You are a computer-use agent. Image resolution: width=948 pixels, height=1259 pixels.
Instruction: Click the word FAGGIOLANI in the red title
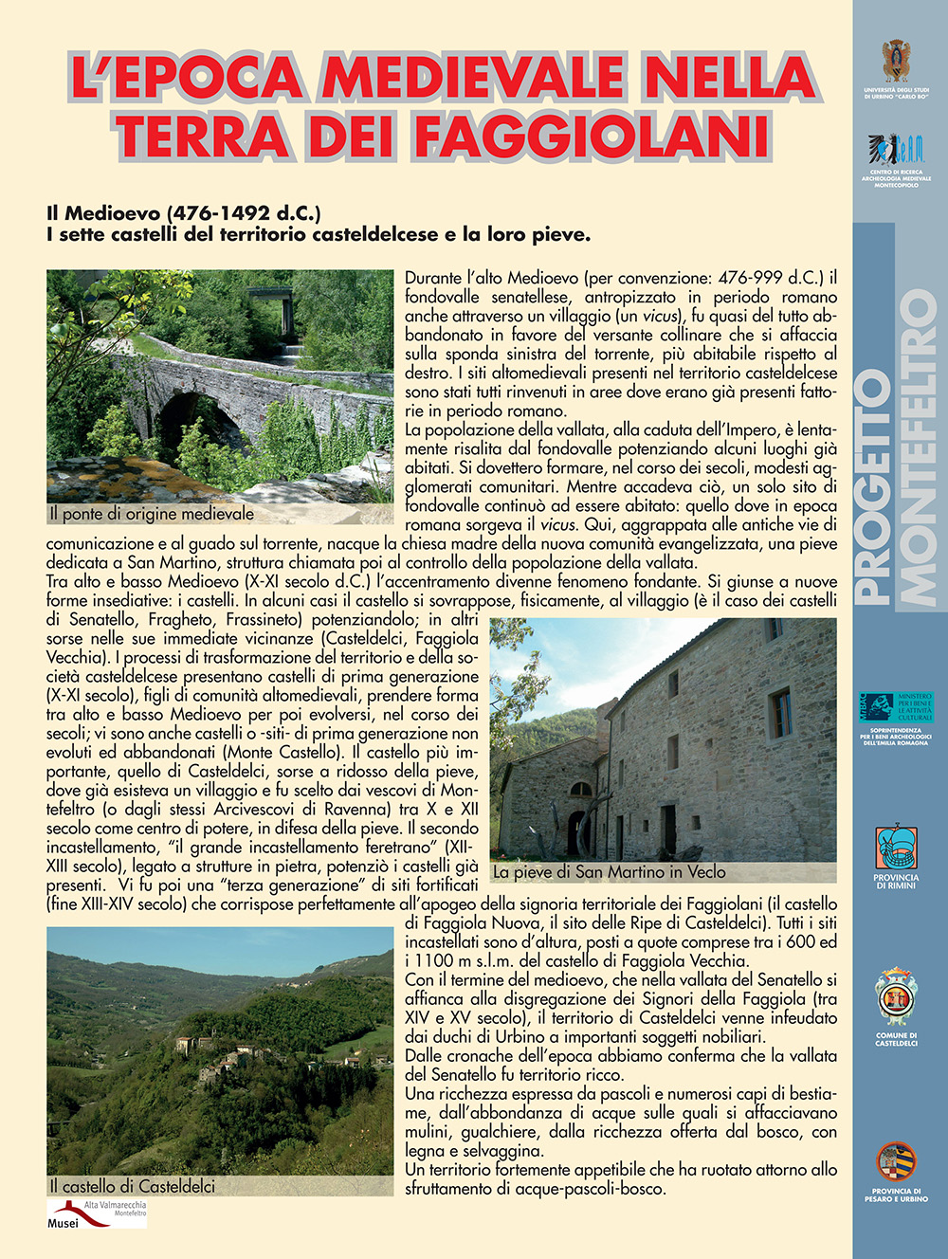click(x=592, y=135)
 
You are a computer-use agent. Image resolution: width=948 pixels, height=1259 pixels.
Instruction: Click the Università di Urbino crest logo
click(x=896, y=62)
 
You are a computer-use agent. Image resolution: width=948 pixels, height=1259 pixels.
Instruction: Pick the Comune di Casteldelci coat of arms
click(x=896, y=998)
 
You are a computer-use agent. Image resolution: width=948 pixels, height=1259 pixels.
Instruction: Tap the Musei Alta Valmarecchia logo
click(x=98, y=1214)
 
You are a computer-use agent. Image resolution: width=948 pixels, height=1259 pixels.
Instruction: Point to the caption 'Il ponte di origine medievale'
click(x=152, y=514)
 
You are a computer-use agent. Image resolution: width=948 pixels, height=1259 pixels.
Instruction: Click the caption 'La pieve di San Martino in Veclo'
click(x=610, y=871)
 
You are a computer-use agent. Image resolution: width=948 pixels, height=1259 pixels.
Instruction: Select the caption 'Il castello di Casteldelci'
click(x=133, y=1186)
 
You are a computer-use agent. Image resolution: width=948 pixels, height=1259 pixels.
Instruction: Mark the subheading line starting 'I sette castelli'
click(x=319, y=234)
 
